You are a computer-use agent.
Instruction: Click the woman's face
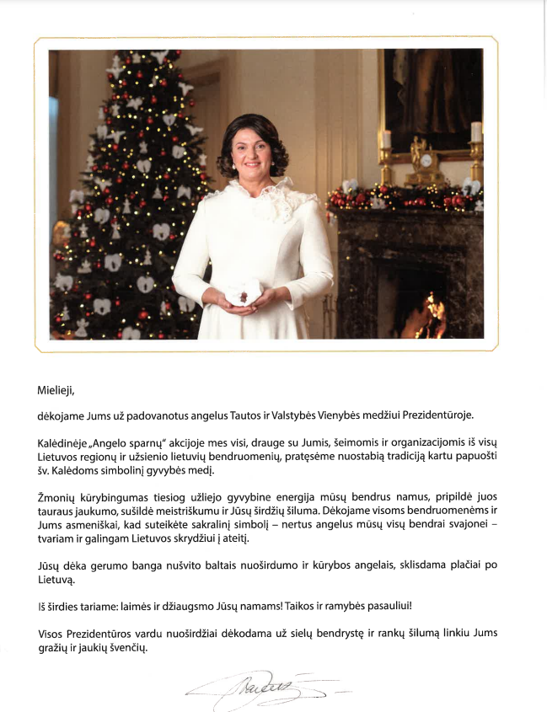coord(254,153)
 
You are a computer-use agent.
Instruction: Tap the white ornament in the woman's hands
coord(241,292)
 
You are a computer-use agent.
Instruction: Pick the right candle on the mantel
coord(476,132)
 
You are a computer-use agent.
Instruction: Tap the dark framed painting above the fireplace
coord(431,85)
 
